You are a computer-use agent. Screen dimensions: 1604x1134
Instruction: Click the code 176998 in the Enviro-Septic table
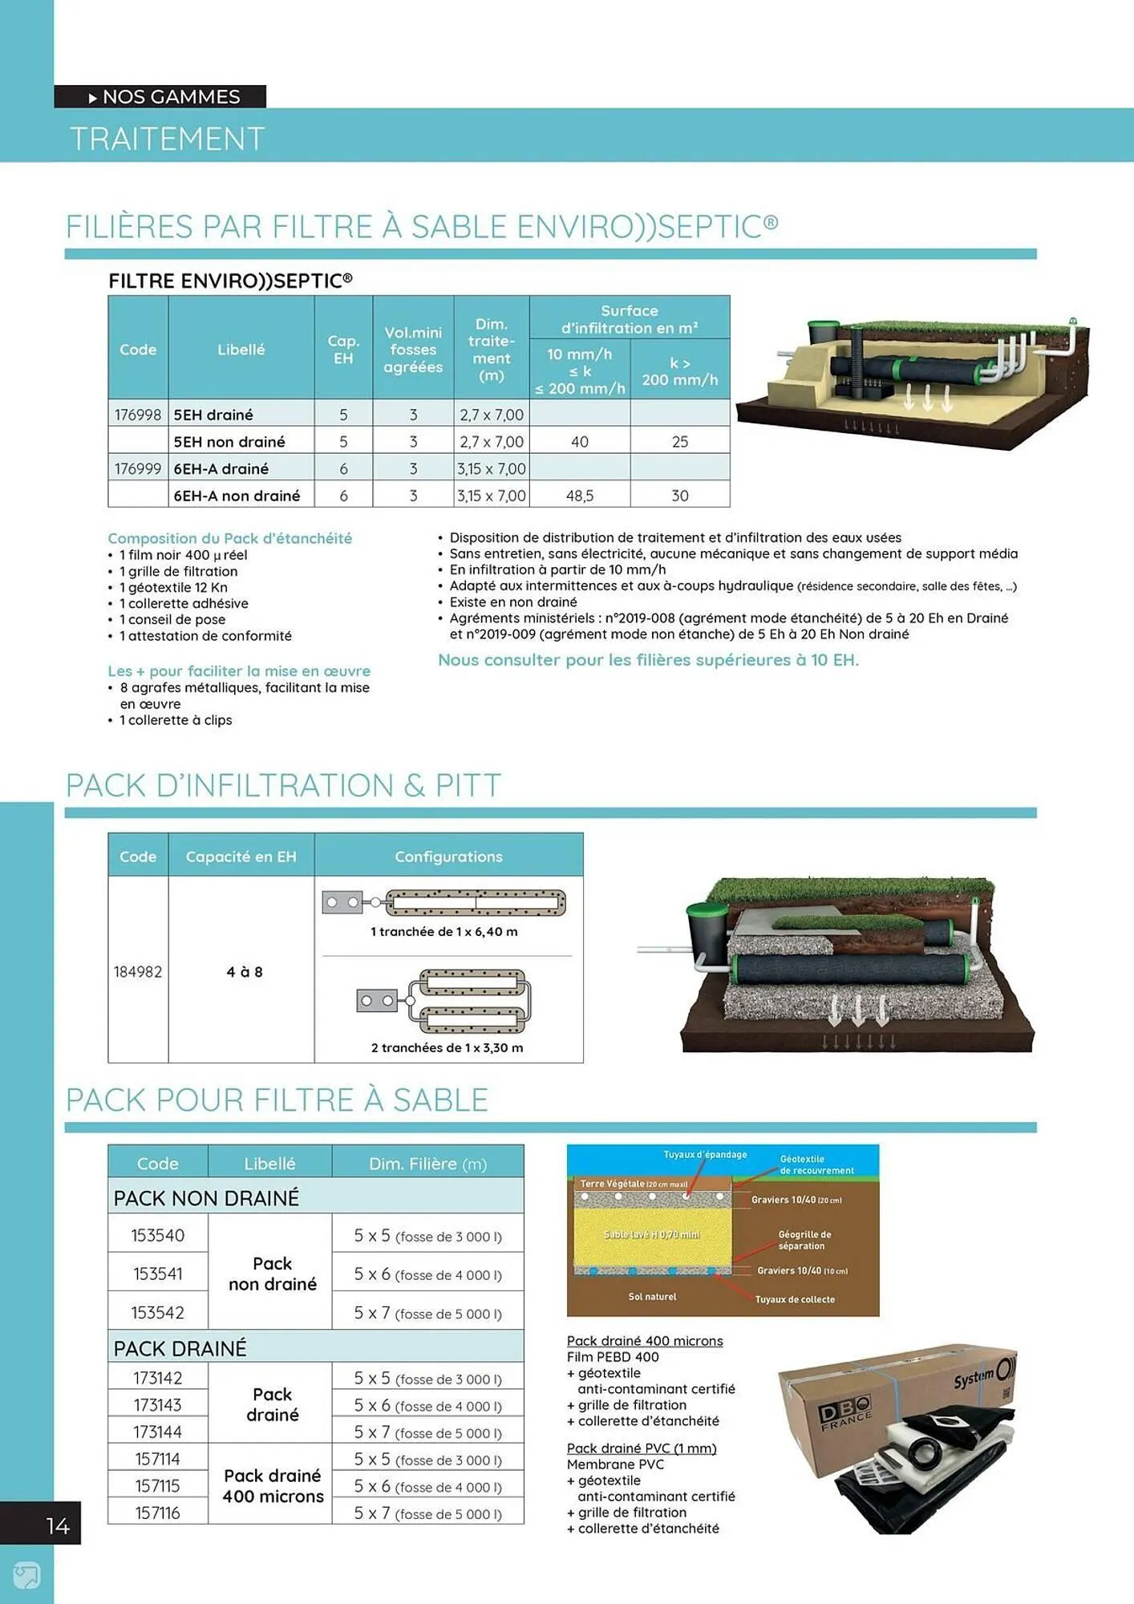point(138,415)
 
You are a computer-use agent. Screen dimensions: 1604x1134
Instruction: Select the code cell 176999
point(138,468)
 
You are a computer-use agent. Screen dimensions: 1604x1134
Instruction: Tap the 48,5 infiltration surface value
point(580,496)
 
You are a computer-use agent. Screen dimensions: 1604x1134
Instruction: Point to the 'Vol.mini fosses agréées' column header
point(413,350)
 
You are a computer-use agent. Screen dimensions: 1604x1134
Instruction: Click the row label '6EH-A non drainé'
point(237,496)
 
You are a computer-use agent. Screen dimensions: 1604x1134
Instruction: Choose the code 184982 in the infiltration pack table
point(138,972)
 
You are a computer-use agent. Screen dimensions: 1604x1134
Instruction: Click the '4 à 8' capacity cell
point(244,972)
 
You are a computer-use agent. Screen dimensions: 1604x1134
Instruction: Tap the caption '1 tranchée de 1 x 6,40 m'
point(443,932)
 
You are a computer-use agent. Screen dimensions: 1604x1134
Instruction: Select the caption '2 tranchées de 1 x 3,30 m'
point(447,1047)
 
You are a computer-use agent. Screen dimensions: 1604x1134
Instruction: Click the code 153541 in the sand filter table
point(158,1274)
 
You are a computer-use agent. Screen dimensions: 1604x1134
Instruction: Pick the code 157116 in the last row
point(158,1513)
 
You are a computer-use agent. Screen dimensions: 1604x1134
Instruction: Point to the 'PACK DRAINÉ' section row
point(180,1348)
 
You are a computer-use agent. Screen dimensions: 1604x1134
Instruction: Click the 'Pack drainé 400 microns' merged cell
point(273,1485)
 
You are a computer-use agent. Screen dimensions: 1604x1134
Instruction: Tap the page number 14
point(58,1525)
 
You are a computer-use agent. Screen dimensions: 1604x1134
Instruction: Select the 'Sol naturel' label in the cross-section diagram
point(652,1296)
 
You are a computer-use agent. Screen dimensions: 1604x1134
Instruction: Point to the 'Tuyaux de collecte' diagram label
point(794,1299)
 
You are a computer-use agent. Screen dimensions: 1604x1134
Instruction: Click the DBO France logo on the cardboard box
point(844,1413)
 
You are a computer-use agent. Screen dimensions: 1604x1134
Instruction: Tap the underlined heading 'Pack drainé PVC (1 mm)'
point(641,1448)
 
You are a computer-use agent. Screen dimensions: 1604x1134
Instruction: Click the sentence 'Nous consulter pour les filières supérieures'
point(647,660)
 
